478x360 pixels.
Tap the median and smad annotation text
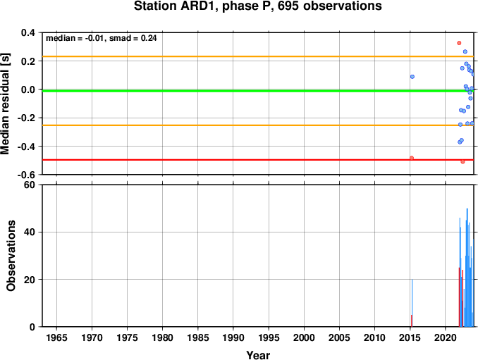coord(102,38)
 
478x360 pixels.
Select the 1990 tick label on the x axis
coord(233,337)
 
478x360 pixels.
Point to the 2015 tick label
coord(410,337)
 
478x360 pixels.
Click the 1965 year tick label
coord(56,337)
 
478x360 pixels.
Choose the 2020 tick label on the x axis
coord(446,337)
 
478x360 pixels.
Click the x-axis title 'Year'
coord(258,355)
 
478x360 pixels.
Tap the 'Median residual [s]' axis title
coord(5,104)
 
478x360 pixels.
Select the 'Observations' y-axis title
coord(11,256)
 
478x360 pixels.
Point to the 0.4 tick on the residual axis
coord(28,32)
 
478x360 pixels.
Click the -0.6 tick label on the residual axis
coord(27,175)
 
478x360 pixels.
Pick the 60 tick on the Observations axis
coord(30,185)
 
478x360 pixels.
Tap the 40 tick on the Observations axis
coord(30,232)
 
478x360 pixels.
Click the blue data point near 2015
coord(412,77)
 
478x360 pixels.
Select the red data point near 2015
coord(412,158)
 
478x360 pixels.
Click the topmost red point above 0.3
coord(459,43)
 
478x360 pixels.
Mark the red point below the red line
coord(462,162)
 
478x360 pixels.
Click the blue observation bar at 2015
coord(412,303)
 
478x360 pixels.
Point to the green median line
coord(258,91)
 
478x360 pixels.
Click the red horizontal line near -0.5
coord(258,160)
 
